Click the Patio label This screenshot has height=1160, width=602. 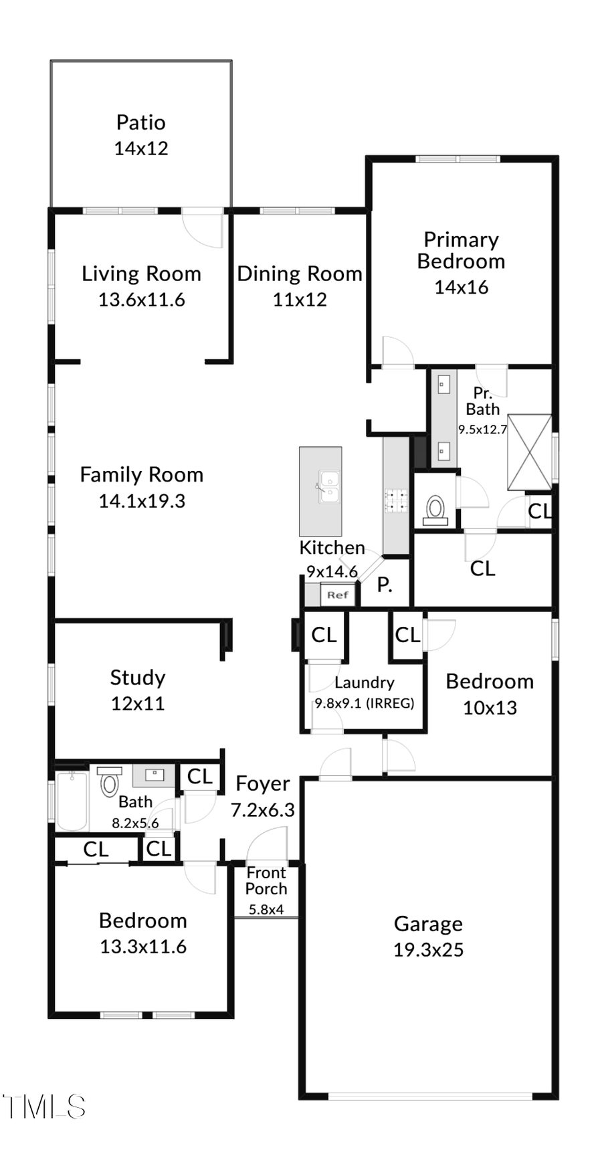[x=140, y=122]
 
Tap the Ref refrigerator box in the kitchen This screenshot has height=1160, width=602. [x=338, y=594]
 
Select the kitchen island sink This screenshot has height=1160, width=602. [x=328, y=486]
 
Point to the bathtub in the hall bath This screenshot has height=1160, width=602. [x=72, y=801]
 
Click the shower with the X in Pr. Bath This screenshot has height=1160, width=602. [x=530, y=453]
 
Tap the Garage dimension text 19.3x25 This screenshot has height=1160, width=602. [x=428, y=950]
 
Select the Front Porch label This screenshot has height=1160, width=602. [x=266, y=881]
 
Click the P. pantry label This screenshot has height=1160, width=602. [x=384, y=585]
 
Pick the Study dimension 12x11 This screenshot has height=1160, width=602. [x=138, y=703]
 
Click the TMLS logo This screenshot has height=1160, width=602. [x=43, y=1107]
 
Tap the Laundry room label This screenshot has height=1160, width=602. [x=364, y=682]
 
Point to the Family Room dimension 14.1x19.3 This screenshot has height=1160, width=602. [x=142, y=500]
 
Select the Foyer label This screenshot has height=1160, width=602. [x=263, y=783]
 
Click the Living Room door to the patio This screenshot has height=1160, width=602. [x=202, y=227]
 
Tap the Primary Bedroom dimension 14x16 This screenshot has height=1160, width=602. [x=461, y=287]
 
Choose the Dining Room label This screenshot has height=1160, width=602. [x=299, y=274]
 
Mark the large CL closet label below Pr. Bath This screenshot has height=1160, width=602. [x=482, y=569]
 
